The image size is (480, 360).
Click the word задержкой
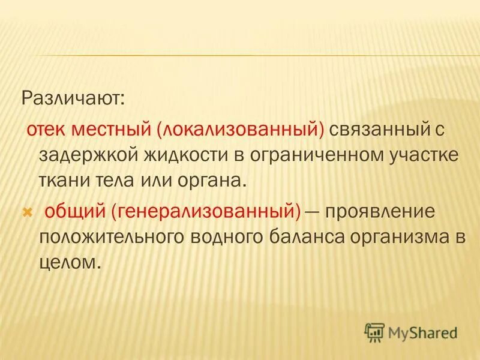point(87,155)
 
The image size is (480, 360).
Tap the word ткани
point(63,181)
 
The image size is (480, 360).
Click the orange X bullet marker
point(26,211)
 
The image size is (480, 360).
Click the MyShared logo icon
point(374,331)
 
